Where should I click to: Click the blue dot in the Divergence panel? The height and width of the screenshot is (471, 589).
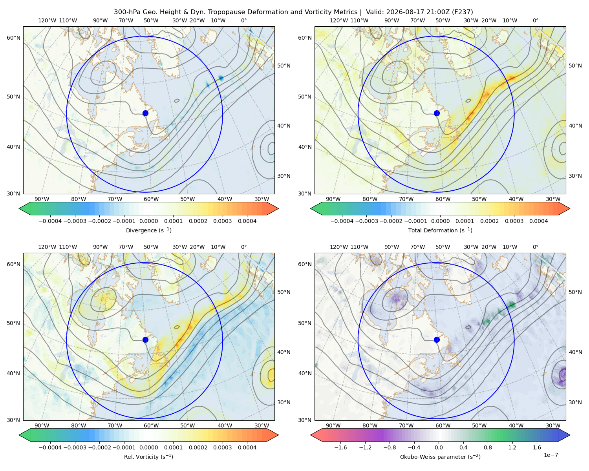(x=145, y=113)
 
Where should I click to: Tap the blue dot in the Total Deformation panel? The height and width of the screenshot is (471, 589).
(x=437, y=113)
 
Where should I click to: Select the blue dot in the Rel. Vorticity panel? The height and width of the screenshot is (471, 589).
(x=145, y=340)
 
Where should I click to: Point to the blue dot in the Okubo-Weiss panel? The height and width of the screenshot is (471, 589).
(x=437, y=340)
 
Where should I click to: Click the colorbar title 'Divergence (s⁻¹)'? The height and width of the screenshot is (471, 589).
(x=148, y=230)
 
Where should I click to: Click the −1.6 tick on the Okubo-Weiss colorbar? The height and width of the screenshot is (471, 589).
(x=340, y=447)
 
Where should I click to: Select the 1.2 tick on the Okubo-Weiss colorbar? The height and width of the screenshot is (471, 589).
(x=512, y=447)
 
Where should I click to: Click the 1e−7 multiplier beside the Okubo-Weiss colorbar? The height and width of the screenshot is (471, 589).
(x=551, y=455)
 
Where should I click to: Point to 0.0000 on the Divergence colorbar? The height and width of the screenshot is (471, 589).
(x=148, y=221)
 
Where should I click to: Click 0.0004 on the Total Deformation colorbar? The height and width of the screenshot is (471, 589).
(x=538, y=221)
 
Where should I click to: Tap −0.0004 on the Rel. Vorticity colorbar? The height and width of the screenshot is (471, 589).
(x=50, y=447)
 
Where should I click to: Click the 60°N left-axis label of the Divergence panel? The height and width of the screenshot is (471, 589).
(x=13, y=38)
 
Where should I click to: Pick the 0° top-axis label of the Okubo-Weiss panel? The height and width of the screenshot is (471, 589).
(x=535, y=247)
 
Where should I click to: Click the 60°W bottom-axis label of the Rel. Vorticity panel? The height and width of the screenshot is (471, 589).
(x=151, y=425)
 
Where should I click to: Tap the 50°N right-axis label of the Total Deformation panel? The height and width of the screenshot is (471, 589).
(x=575, y=66)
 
